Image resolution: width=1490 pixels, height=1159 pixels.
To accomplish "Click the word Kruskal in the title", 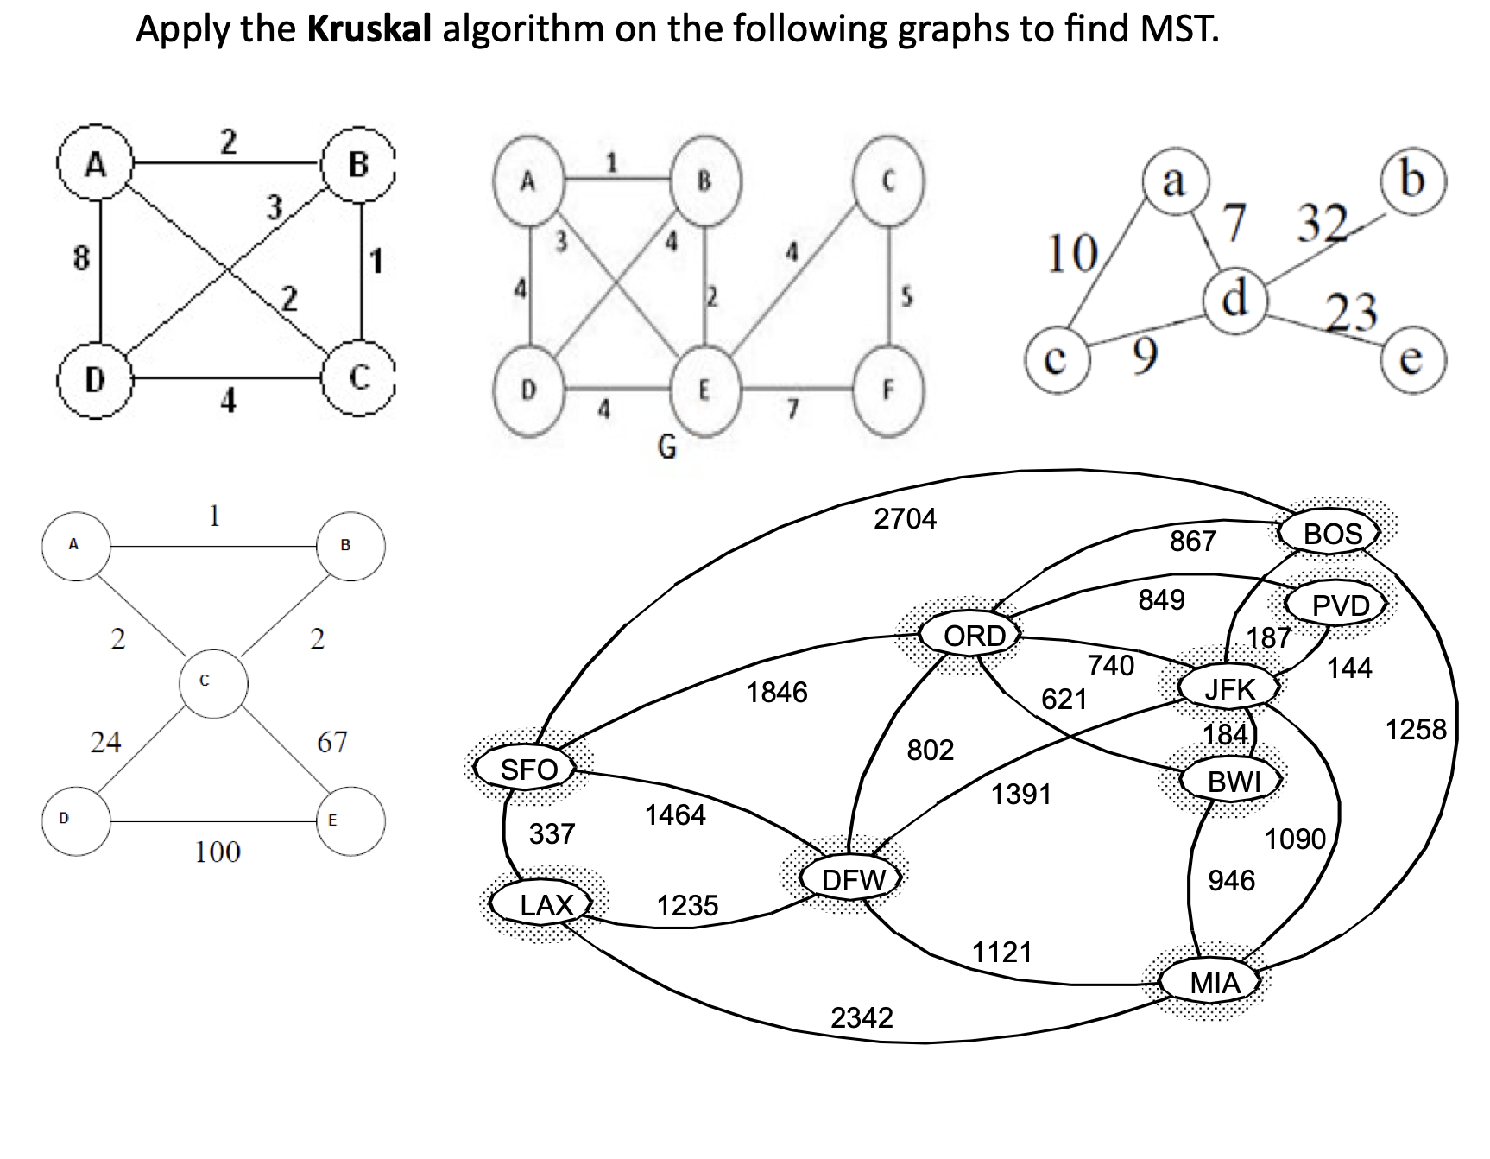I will point(369,29).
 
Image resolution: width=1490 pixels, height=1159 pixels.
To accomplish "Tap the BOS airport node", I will point(1332,534).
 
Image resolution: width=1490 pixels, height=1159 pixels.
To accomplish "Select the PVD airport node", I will point(1340,605).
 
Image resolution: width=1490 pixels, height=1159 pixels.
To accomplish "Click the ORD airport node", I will point(974,636).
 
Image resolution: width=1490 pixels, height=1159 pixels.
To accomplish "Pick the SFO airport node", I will point(528,769).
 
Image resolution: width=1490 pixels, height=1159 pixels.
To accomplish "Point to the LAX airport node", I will point(546,905).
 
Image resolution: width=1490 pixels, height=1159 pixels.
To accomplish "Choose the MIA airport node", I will point(1214,983).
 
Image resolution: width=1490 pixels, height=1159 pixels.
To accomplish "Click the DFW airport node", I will point(853,880).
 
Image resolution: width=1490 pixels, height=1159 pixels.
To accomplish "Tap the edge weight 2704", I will point(905,518).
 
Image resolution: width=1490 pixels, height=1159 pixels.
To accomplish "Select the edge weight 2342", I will point(862,1017).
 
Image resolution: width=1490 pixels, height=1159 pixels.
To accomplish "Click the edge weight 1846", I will point(776,692).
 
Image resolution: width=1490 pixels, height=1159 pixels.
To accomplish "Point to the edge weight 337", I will point(552,833).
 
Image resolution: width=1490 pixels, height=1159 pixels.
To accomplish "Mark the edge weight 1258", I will point(1415,729).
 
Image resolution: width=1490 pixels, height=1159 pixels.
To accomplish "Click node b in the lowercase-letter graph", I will point(1411,180).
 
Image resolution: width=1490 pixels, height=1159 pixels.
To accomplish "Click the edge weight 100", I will point(218,852).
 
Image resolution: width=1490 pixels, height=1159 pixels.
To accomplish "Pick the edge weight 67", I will point(332,741).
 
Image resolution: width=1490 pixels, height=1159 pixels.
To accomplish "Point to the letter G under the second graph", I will point(666,446).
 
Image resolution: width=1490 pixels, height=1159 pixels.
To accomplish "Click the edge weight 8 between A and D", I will point(80,257).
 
